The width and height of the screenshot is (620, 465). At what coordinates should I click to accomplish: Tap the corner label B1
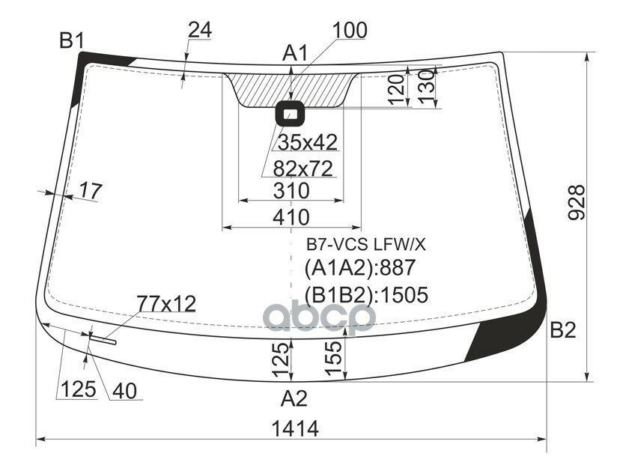72,41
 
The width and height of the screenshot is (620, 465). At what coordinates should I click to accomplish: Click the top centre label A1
295,53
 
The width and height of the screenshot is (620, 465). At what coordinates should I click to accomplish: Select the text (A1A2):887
359,268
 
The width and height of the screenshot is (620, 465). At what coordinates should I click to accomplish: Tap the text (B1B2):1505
365,295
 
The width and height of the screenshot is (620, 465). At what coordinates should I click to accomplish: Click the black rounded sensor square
290,114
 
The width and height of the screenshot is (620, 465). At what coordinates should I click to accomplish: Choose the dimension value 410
291,217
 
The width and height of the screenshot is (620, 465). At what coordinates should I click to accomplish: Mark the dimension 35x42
308,142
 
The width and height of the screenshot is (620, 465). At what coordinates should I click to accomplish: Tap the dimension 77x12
165,303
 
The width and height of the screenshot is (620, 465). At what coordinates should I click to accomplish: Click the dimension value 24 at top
199,31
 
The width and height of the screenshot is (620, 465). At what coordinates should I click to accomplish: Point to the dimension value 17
89,191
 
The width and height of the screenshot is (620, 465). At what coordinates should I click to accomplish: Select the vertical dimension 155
335,357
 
